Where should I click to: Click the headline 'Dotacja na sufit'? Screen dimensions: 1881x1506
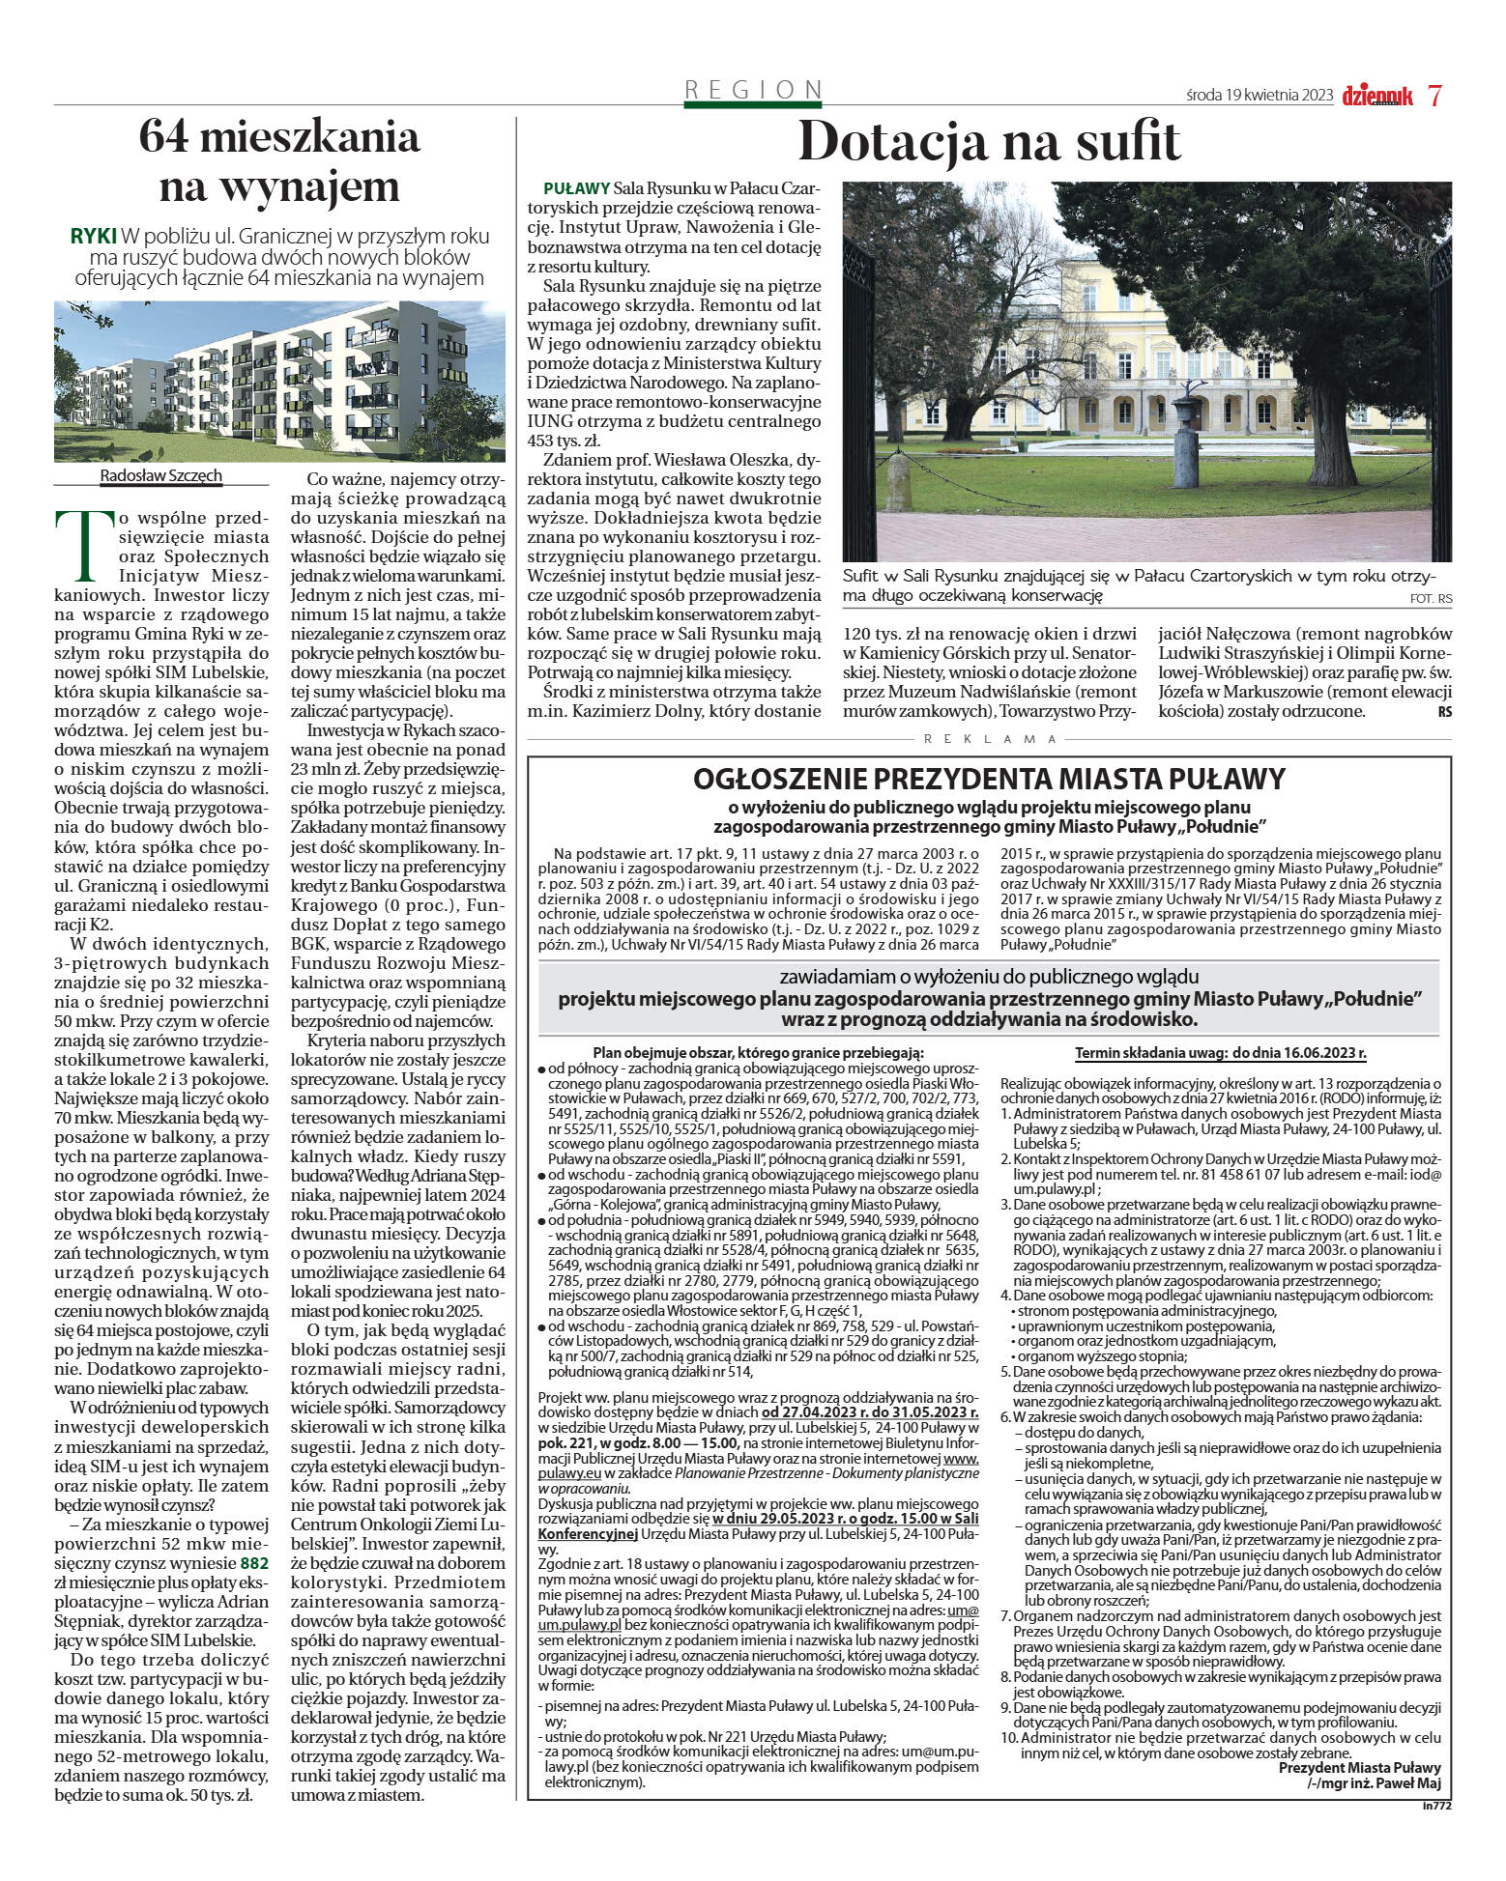(988, 142)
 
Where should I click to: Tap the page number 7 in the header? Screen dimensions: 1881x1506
(1434, 96)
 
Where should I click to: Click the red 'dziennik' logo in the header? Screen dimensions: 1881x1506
(1376, 96)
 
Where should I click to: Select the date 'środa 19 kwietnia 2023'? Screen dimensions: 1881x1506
(1259, 96)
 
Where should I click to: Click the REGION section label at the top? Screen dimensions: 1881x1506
(753, 90)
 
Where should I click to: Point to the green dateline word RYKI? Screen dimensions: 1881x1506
(93, 237)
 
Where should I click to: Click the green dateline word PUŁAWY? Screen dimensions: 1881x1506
(576, 188)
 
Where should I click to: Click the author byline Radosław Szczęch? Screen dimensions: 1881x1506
(160, 475)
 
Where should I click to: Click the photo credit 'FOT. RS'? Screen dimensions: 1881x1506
(1431, 599)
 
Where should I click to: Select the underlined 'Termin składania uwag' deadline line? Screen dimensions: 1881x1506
(1221, 1053)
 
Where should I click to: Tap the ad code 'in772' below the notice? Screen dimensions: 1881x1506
(1437, 1805)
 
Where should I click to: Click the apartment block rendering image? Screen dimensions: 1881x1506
(279, 381)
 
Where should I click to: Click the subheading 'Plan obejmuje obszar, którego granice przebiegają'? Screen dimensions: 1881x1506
(758, 1053)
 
